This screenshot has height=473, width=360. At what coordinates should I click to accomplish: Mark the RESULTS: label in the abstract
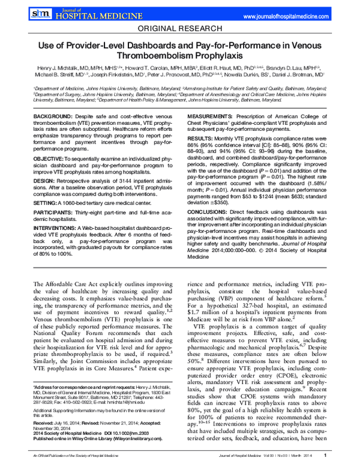click(206, 137)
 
